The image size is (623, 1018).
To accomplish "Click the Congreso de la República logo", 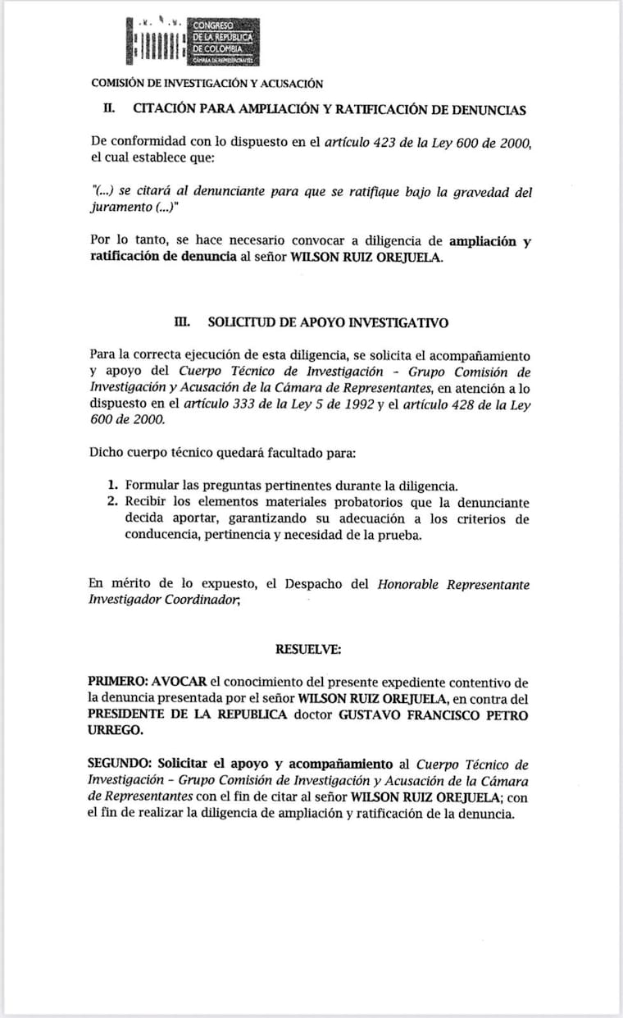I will [193, 42].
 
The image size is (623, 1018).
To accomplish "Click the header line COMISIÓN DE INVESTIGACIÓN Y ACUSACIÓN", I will [207, 83].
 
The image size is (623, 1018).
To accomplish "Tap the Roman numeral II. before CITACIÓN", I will [108, 109].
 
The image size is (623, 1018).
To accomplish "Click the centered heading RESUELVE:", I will [308, 650].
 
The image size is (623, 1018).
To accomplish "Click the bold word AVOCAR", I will [181, 682].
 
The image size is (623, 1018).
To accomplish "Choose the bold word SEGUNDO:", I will [120, 764].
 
